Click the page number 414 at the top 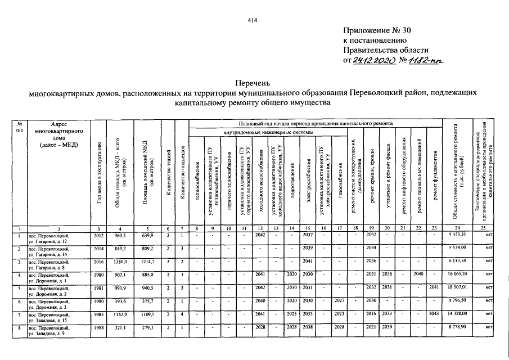pos(252,21)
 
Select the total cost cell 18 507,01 pos(458,287)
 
